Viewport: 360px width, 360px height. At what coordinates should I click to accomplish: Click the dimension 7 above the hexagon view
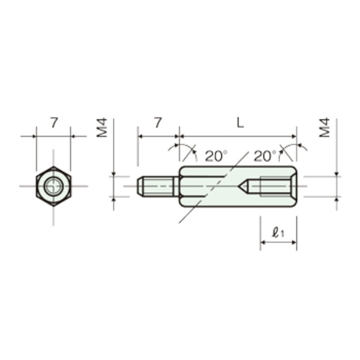54,122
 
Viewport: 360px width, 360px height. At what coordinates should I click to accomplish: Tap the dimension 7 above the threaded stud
158,122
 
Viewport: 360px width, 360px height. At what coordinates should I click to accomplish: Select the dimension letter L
240,123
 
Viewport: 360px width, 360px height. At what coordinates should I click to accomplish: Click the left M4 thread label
102,128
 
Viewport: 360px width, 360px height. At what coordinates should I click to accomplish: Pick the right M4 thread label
325,128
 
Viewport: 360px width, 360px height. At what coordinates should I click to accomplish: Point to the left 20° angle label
216,156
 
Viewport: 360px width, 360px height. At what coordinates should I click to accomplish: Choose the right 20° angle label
265,156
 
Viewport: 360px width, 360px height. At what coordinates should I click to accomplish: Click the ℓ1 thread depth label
278,232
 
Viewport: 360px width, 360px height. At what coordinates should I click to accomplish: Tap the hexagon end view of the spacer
53,186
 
